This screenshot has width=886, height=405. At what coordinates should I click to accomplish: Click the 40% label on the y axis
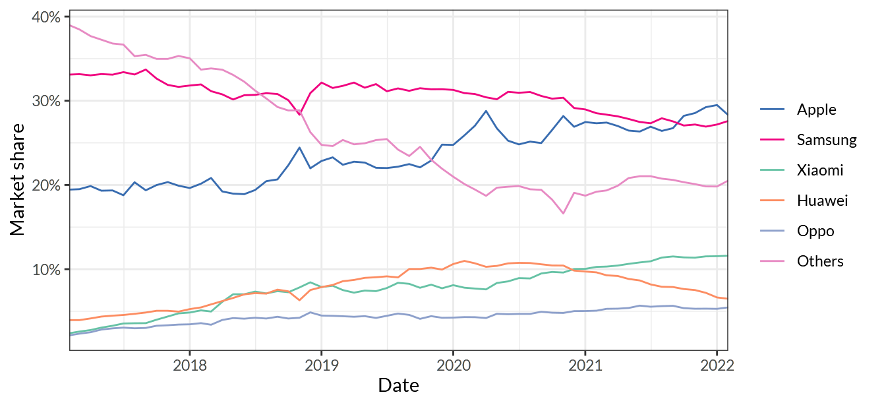(x=45, y=16)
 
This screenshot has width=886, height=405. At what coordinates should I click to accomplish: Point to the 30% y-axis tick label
(x=45, y=101)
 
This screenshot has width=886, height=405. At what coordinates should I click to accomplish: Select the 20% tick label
(x=45, y=185)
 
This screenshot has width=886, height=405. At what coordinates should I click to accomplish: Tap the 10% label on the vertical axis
(x=45, y=270)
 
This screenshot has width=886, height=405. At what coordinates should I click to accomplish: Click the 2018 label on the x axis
(x=189, y=365)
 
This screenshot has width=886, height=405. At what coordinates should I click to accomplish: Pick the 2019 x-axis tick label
(x=321, y=365)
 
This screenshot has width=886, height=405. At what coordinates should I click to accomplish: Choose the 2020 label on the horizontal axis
(x=453, y=365)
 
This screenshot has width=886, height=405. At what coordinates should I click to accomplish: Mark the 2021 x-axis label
(x=585, y=365)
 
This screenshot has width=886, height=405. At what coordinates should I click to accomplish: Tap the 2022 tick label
(x=717, y=365)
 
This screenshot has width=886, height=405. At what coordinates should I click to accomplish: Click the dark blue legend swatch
(x=772, y=109)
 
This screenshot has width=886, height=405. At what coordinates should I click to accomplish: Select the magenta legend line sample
(x=772, y=139)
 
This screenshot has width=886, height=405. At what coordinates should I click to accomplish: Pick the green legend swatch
(x=772, y=170)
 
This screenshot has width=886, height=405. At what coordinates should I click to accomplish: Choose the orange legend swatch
(x=772, y=200)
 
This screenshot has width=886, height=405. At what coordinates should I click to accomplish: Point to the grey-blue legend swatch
(x=772, y=230)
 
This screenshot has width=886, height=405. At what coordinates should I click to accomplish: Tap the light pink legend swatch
(x=772, y=261)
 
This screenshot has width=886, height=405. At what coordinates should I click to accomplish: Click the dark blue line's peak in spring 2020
(x=486, y=110)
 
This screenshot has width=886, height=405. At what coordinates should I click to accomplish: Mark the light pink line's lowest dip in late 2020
(x=563, y=213)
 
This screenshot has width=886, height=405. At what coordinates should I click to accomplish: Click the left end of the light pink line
(x=70, y=25)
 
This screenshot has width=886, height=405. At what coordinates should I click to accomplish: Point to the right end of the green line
(x=727, y=256)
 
